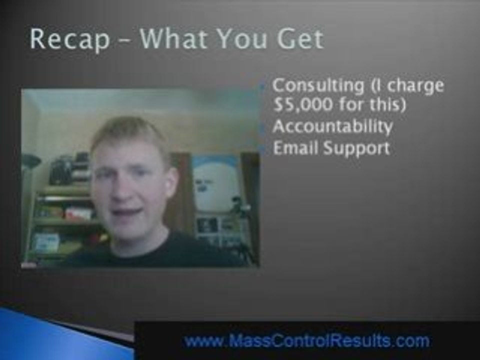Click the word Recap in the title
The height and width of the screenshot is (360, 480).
click(x=69, y=39)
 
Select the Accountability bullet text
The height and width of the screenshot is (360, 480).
click(x=332, y=126)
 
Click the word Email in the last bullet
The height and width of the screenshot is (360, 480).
click(x=292, y=148)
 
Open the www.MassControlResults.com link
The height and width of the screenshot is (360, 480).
click(x=306, y=341)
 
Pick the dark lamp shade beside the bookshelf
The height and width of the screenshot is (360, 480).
click(x=31, y=160)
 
